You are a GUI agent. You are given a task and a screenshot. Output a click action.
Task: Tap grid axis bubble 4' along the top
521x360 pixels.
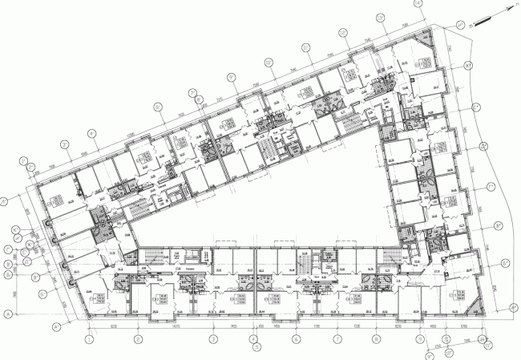93,133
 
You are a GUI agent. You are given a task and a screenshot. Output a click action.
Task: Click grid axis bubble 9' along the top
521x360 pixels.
232,78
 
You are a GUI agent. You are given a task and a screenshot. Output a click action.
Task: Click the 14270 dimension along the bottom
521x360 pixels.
172,327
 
